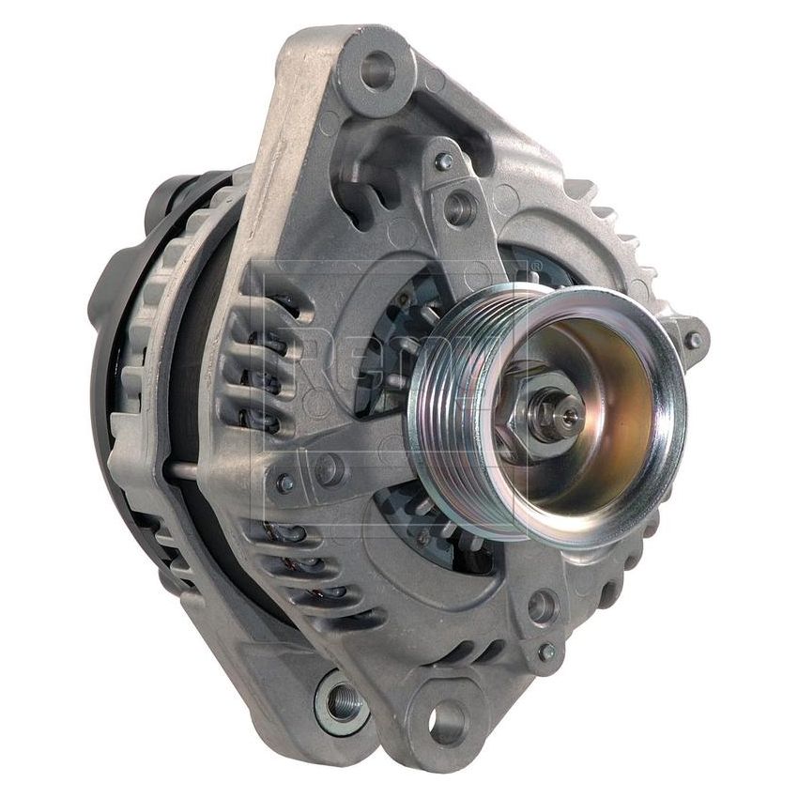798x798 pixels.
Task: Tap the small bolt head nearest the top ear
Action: tap(444, 161)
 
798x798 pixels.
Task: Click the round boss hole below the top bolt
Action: tap(460, 207)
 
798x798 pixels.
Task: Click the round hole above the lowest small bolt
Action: tap(543, 606)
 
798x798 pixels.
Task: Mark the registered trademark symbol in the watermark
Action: tap(536, 268)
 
